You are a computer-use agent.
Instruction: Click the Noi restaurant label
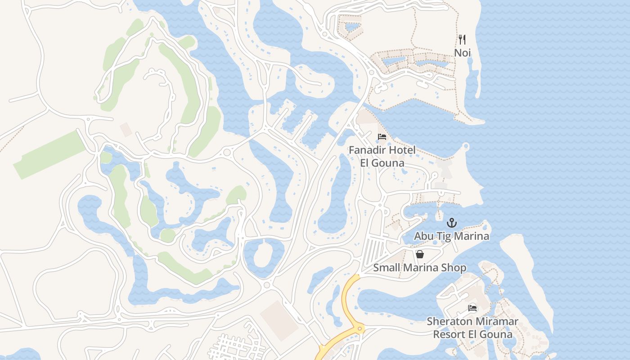462,53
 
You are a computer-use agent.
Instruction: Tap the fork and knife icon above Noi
462,40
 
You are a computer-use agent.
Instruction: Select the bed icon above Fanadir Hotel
382,137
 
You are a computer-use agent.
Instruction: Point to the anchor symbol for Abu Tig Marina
451,223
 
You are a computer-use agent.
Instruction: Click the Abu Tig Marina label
451,236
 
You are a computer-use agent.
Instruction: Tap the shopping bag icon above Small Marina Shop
420,255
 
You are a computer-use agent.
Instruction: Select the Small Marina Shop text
419,268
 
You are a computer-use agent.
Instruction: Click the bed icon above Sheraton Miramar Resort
472,308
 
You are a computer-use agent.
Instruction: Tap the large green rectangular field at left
49,154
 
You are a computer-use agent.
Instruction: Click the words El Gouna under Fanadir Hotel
382,163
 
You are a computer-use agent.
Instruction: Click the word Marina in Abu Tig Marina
471,236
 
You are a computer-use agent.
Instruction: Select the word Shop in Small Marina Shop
455,268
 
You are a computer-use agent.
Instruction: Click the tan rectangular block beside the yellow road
279,320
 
